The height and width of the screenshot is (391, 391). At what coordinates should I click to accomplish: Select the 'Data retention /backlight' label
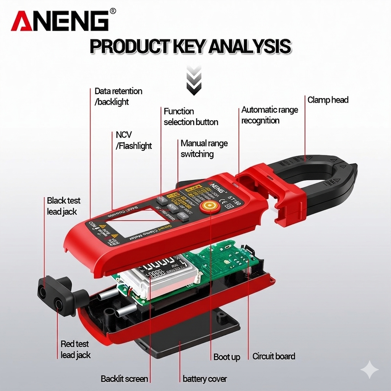point(118,96)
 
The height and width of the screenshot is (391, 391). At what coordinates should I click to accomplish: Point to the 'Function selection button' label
point(191,116)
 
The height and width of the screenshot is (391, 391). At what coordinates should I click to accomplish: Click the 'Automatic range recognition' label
point(269,115)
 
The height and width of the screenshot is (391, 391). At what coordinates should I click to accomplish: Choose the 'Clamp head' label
point(328,100)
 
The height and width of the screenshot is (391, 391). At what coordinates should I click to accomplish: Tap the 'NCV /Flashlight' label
point(133,140)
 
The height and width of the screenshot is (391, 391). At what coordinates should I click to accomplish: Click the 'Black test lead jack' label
point(63,206)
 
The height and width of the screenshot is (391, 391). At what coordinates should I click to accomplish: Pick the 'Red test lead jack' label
point(75,349)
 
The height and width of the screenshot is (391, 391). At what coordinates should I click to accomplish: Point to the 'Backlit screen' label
point(124,379)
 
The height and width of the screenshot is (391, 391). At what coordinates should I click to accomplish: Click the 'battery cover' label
point(204,379)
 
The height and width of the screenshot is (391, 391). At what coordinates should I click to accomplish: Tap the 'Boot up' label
point(226,357)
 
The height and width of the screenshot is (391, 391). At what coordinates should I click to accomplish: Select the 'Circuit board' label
point(273,356)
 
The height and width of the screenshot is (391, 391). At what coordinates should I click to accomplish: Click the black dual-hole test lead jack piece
point(57,296)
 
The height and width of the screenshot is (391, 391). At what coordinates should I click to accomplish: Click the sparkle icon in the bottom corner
point(370,370)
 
